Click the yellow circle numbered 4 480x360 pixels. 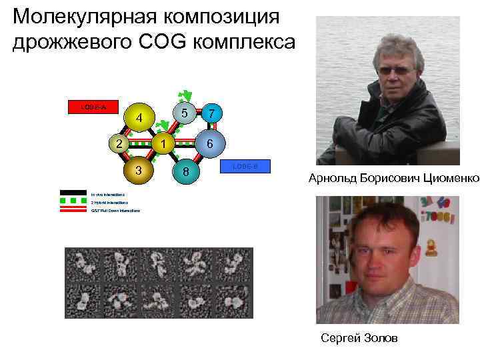coord(139,118)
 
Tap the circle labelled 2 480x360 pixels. coord(117,143)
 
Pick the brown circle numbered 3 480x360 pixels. coord(139,169)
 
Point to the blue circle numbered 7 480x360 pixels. coord(211,114)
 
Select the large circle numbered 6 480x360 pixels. coord(209,143)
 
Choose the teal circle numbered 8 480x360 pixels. coord(187,172)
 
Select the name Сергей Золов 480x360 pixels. coord(359,339)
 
